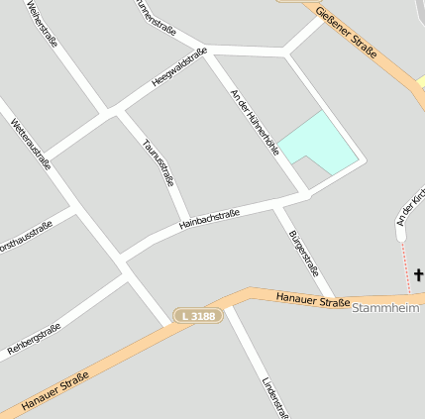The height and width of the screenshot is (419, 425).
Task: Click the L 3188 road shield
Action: [198, 315]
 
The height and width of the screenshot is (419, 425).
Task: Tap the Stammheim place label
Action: [385, 309]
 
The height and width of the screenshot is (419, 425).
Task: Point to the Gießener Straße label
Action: [347, 31]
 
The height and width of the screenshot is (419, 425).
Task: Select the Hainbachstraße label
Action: [209, 219]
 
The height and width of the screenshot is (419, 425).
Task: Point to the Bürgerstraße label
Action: [303, 252]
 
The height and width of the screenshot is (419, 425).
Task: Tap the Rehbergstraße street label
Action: [34, 339]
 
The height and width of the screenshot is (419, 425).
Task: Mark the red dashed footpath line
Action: [405, 264]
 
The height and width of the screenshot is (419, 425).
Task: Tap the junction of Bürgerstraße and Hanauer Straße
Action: [334, 297]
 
